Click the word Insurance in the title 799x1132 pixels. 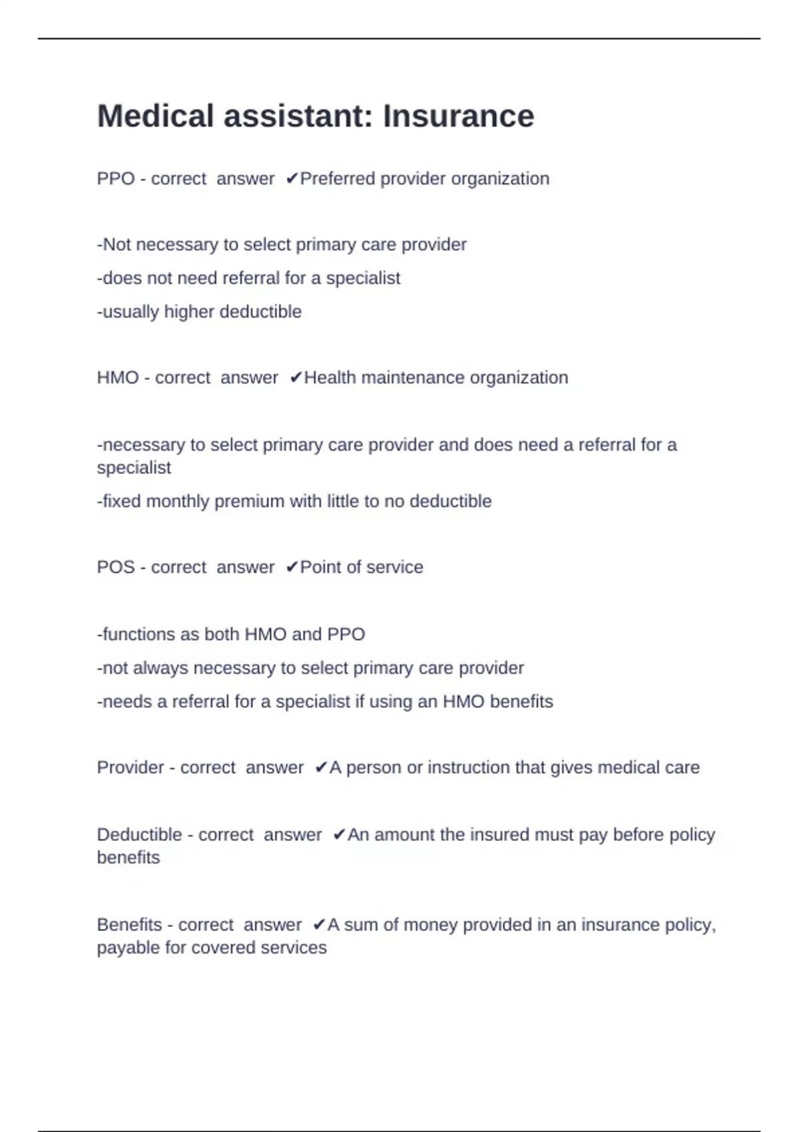(x=458, y=116)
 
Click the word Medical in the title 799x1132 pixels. (x=155, y=116)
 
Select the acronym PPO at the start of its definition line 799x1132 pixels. (x=116, y=178)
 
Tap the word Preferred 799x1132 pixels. (x=338, y=178)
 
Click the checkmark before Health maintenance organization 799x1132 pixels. (x=296, y=378)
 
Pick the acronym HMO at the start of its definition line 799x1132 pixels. (x=118, y=378)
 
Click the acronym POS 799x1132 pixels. (x=116, y=567)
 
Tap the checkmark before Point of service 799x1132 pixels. (x=292, y=567)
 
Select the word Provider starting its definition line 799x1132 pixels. (x=130, y=768)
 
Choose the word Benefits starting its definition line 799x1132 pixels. (x=129, y=925)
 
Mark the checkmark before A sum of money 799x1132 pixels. (x=319, y=925)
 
